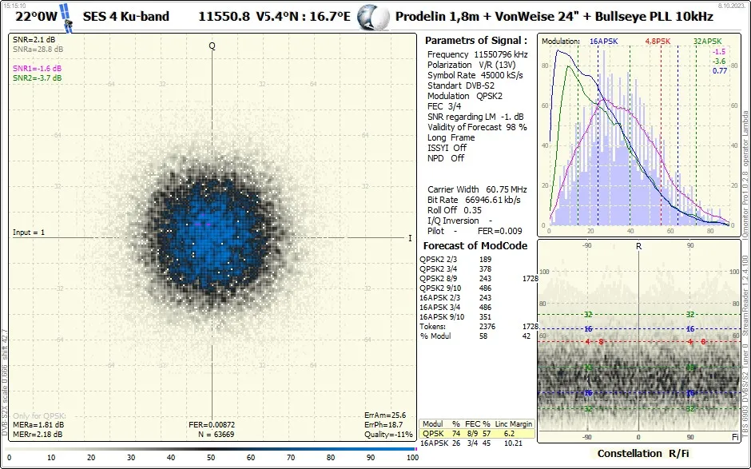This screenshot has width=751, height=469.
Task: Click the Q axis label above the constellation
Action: click(213, 46)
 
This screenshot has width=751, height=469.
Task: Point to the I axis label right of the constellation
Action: click(410, 238)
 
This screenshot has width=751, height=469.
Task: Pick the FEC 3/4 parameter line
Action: click(446, 106)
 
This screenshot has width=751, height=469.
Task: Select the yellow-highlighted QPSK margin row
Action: click(477, 433)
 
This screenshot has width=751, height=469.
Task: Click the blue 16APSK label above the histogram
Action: click(605, 41)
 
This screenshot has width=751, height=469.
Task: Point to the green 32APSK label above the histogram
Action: click(708, 41)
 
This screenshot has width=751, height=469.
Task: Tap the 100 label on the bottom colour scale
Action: click(412, 458)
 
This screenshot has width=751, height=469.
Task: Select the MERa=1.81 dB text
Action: click(38, 424)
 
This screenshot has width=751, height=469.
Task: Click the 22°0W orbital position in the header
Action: click(38, 16)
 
